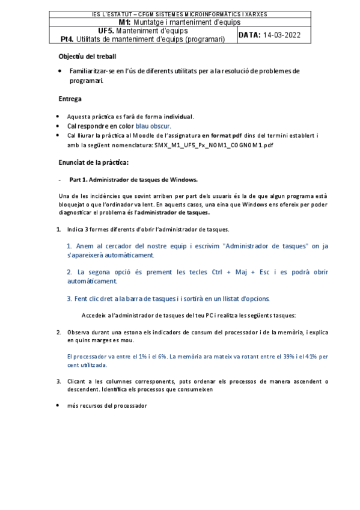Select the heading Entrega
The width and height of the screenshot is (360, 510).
70,99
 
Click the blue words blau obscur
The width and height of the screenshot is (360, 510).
153,126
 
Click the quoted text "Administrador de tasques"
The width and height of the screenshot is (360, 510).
262,246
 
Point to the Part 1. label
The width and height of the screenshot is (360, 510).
81,179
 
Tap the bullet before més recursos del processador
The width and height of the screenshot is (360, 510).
58,405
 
